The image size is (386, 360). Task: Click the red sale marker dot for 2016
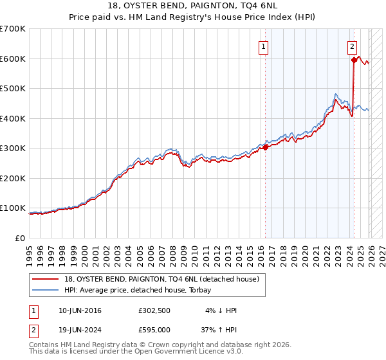tap(265, 147)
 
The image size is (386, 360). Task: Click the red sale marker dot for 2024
tap(354, 60)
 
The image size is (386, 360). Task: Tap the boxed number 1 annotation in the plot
tap(264, 46)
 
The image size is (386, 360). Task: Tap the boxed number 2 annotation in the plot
tap(353, 46)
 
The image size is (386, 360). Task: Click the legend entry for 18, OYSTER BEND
tap(161, 279)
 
